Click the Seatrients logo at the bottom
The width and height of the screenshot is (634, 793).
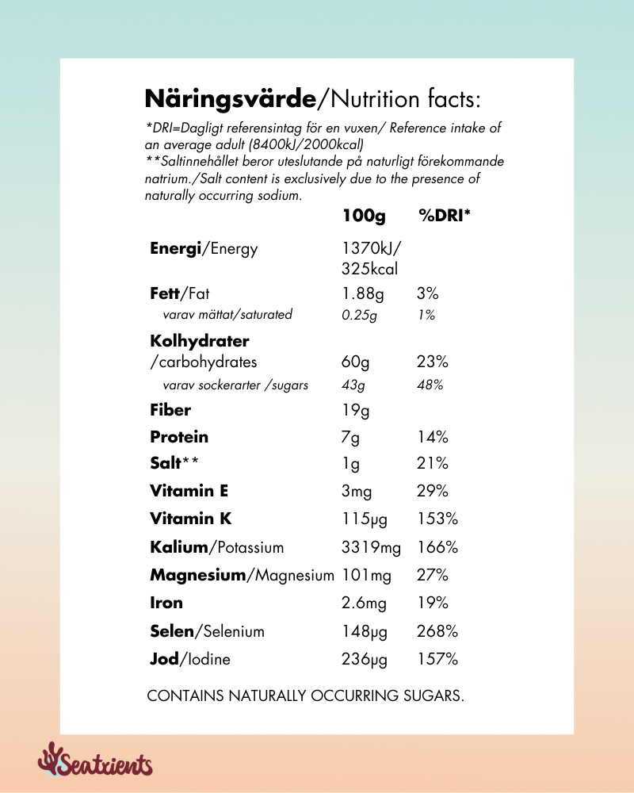[x=95, y=762]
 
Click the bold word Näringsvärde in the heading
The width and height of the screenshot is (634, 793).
[x=231, y=99]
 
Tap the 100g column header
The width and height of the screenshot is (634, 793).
[x=364, y=216]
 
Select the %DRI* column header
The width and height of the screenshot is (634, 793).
[x=444, y=216]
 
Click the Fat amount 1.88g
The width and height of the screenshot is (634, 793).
[x=363, y=294]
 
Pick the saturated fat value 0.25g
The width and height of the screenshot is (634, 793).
[x=359, y=315]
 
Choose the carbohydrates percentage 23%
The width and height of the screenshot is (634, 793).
[x=433, y=362]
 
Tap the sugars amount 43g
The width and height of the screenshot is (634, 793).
[x=353, y=385]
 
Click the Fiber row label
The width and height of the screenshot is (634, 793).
[x=170, y=411]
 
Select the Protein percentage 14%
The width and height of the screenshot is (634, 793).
[x=433, y=437]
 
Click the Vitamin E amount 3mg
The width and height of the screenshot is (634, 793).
[x=357, y=492]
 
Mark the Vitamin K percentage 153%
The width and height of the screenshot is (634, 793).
[x=437, y=519]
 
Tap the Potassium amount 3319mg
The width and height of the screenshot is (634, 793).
[x=371, y=548]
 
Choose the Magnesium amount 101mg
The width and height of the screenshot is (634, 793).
[x=367, y=575]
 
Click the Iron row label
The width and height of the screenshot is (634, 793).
[x=166, y=603]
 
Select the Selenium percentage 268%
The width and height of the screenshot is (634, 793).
[x=437, y=632]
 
